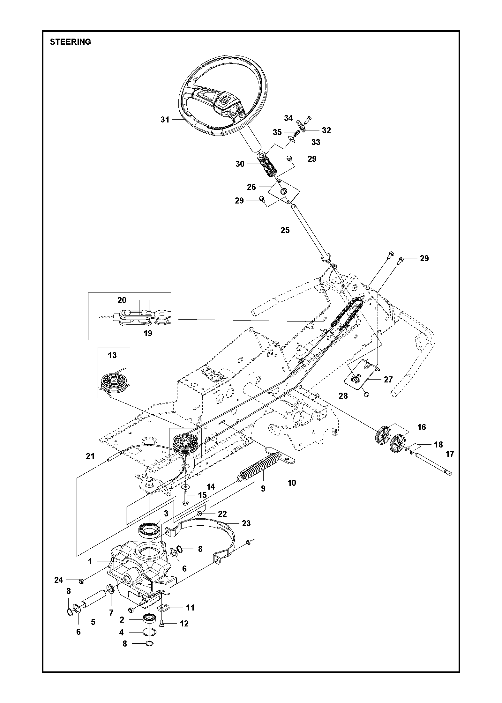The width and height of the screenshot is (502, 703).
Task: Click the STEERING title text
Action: (x=70, y=42)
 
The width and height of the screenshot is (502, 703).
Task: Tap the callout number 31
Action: (x=165, y=120)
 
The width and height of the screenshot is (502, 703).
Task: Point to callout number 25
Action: (x=285, y=230)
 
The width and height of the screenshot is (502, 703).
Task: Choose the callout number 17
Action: (x=450, y=454)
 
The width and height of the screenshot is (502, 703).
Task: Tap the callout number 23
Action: (x=246, y=523)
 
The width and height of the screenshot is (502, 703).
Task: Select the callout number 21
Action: (x=90, y=456)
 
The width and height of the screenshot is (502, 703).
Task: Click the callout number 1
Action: (x=90, y=561)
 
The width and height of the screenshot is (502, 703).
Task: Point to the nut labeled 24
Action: (x=81, y=580)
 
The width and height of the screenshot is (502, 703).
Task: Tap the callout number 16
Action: (x=422, y=427)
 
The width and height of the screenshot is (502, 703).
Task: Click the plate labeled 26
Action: (x=284, y=191)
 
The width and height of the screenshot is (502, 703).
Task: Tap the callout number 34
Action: (x=288, y=118)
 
